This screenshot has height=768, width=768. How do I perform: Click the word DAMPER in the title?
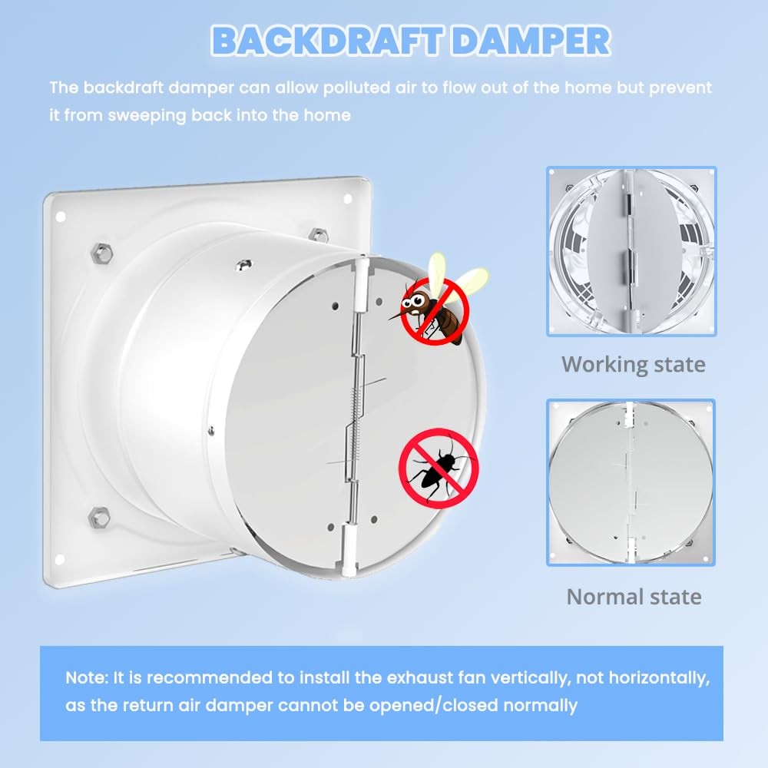531,41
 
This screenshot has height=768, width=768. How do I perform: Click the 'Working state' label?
633,363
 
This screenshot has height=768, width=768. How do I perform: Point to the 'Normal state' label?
634,597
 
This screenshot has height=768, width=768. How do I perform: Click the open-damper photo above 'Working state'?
631,251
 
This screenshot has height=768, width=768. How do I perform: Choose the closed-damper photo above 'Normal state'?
631,482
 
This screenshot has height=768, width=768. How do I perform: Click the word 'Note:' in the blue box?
87,679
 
